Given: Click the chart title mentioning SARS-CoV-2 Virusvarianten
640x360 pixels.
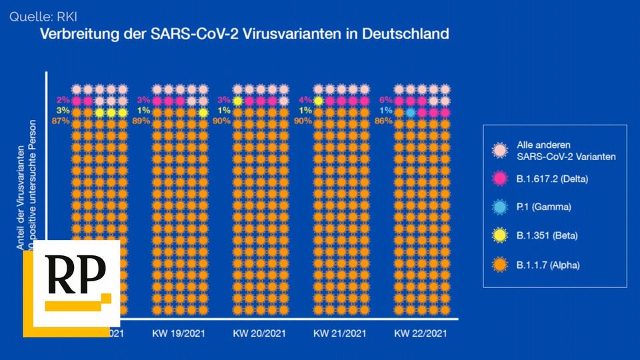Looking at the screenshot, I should click(x=243, y=33).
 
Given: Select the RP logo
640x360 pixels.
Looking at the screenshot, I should click(x=71, y=288).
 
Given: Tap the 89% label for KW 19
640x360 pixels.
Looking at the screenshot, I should click(x=141, y=121).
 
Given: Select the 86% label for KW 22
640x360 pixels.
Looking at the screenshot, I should click(x=383, y=121).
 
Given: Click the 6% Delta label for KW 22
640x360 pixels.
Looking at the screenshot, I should click(x=385, y=100).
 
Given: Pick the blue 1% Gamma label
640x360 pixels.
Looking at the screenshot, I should click(x=385, y=111).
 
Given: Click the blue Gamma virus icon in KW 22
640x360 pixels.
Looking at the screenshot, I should click(x=411, y=113).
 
